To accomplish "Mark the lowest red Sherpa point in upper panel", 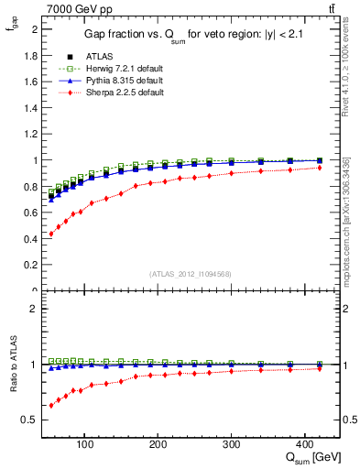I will pos(51,234).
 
